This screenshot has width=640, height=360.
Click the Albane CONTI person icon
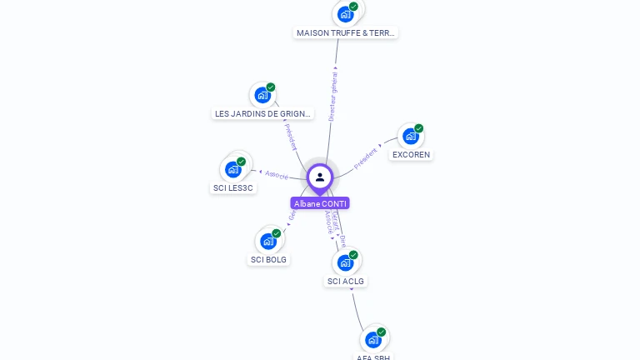tap(320, 177)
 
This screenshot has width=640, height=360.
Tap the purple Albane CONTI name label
tap(320, 203)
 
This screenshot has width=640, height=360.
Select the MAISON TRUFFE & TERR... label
tap(346, 33)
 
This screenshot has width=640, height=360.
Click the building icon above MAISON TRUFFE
tap(345, 14)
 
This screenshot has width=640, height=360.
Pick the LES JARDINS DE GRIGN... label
tap(262, 113)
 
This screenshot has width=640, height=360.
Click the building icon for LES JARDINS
tap(262, 95)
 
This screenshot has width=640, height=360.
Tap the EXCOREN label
tap(411, 154)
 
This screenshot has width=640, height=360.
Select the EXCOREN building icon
tap(410, 136)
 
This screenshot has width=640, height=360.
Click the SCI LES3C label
tap(233, 187)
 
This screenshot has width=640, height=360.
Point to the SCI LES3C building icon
tap(233, 169)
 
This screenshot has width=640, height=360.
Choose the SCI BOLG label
tap(268, 259)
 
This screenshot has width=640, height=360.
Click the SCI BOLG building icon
tap(268, 241)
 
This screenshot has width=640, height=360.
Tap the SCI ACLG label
tap(346, 281)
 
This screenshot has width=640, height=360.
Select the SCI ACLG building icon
tap(345, 262)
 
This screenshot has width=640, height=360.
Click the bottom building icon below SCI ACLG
tap(373, 339)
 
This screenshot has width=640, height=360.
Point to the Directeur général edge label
tap(332, 97)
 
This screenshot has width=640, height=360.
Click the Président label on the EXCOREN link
tap(366, 157)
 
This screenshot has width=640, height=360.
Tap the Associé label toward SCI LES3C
tap(277, 175)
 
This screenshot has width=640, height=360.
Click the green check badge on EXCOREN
tap(418, 128)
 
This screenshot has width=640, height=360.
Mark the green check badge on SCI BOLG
tap(277, 233)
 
